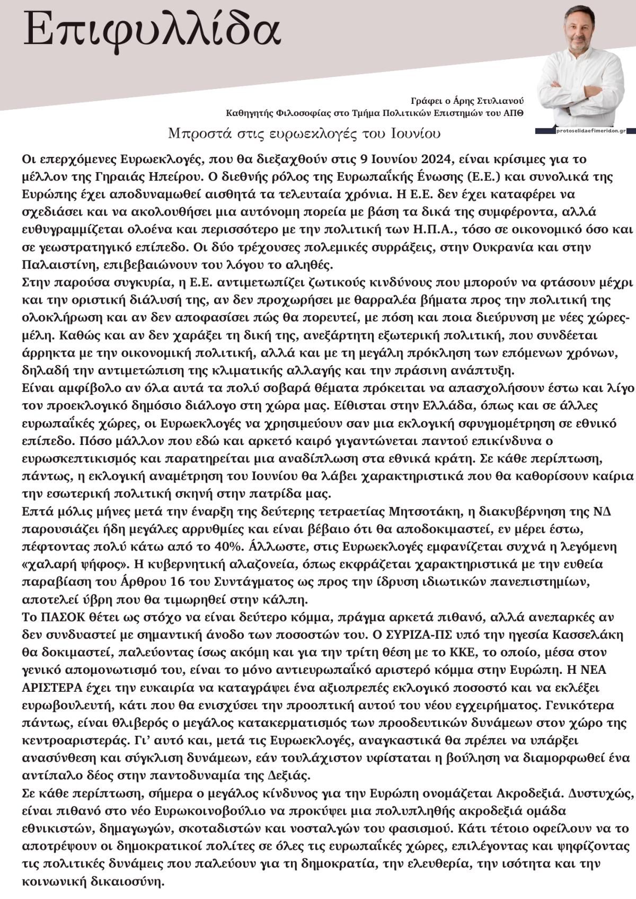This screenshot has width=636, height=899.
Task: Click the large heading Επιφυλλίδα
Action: (152, 30)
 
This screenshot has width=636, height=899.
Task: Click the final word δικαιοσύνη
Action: (126, 882)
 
